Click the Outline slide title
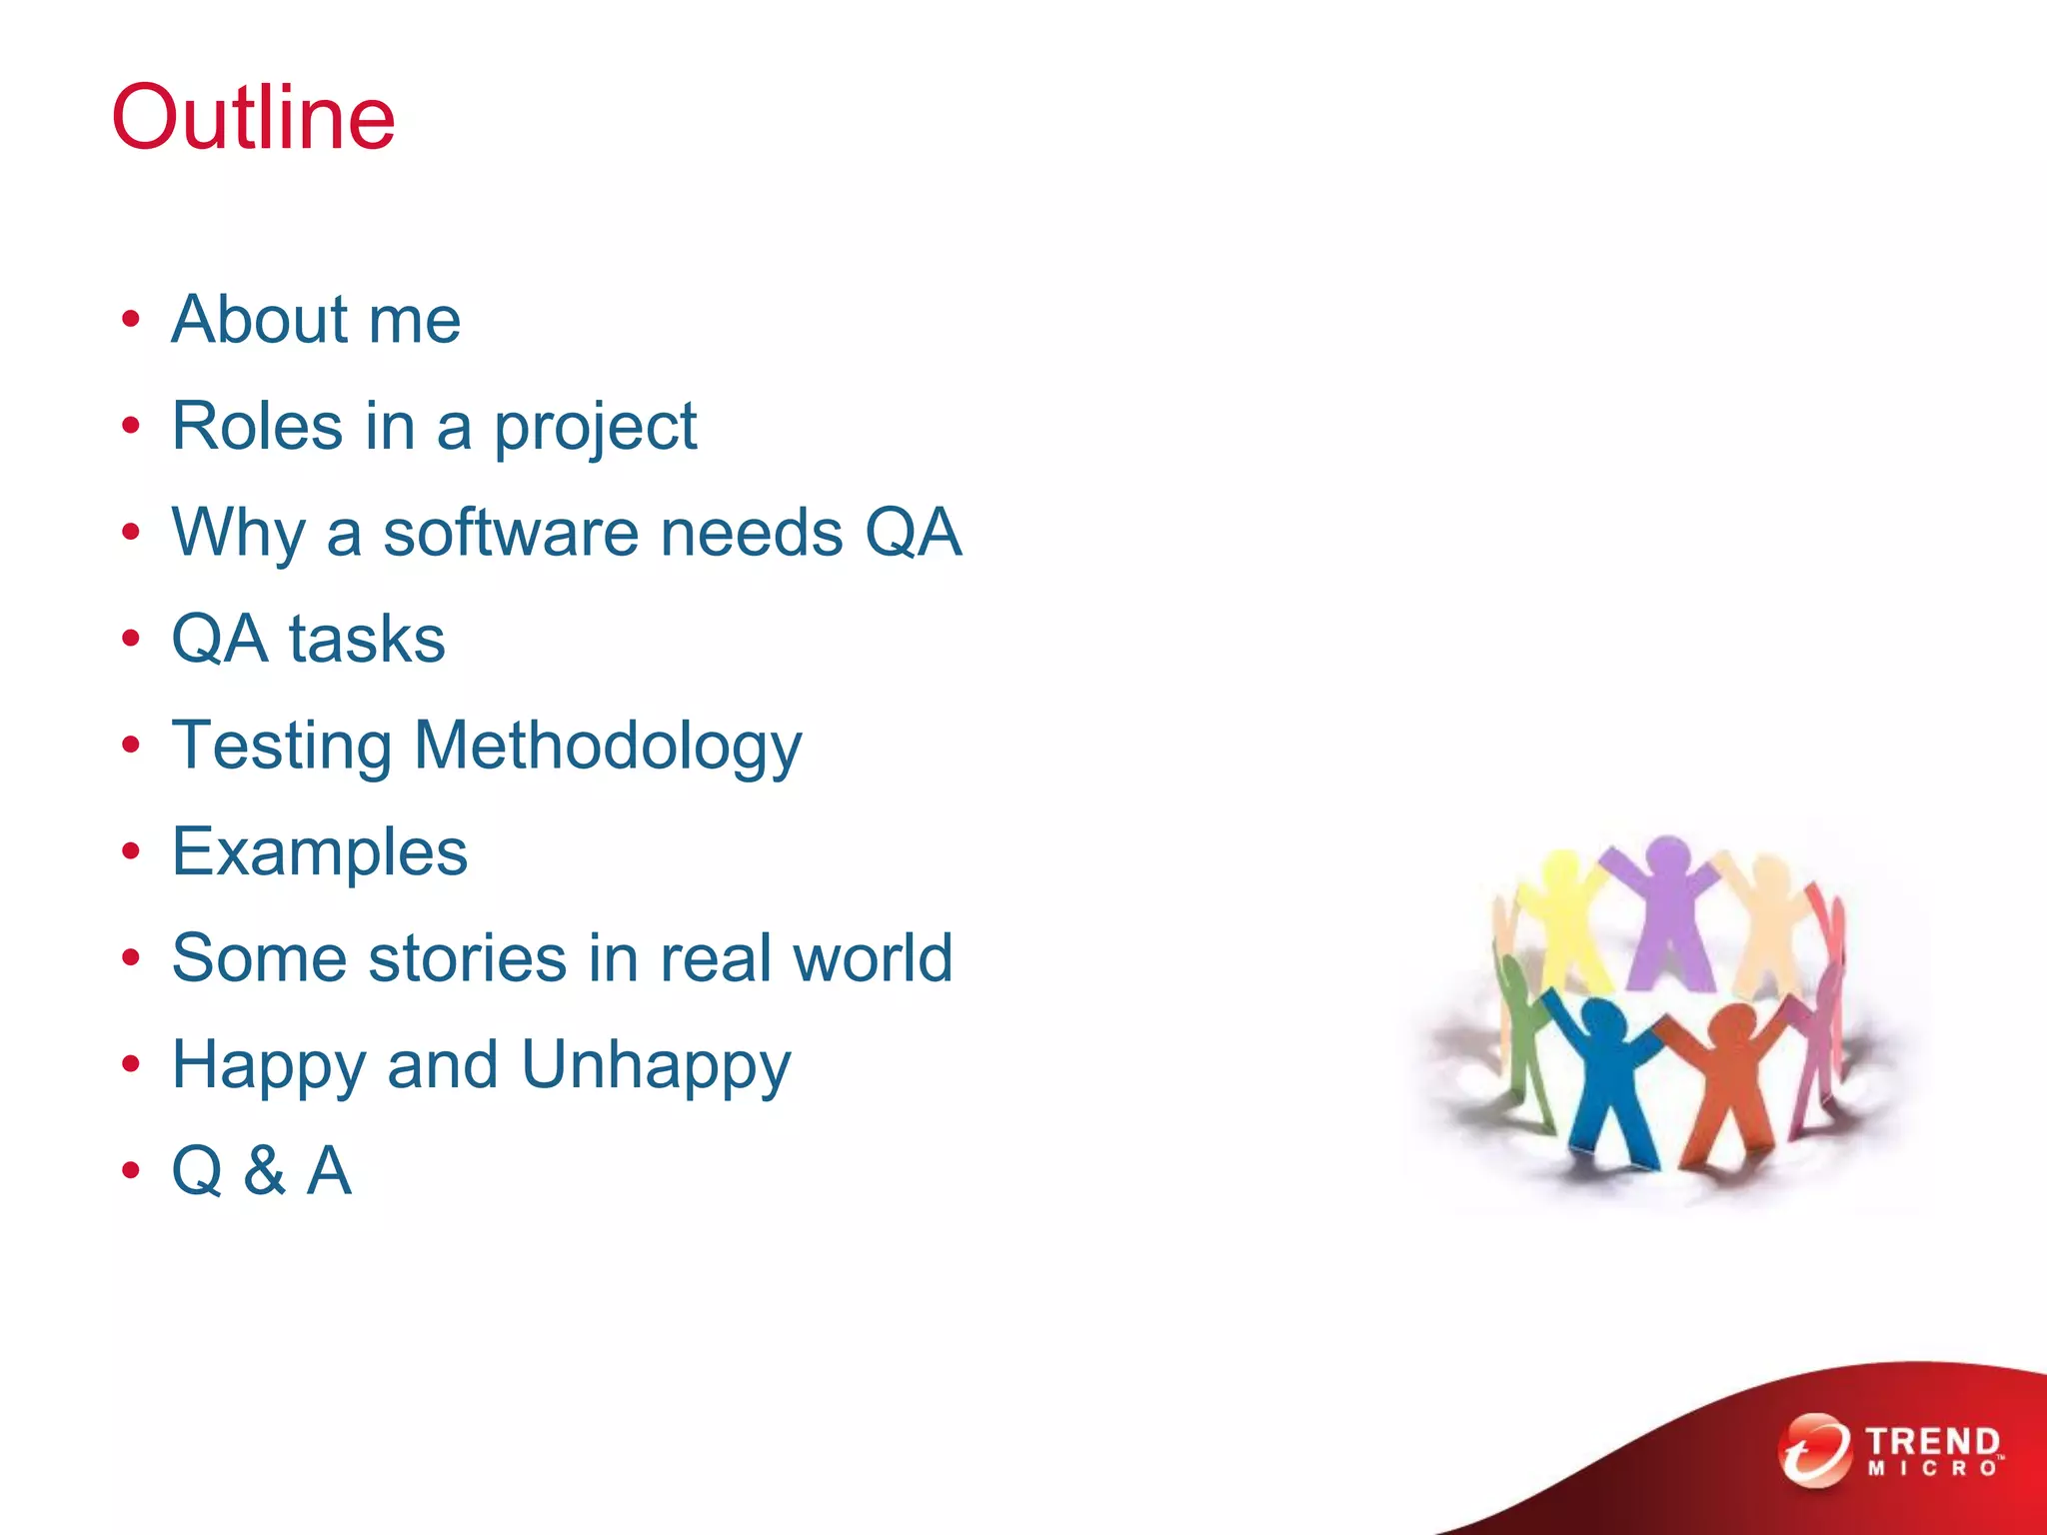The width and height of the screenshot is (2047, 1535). (254, 118)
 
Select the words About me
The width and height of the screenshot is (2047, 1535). (316, 320)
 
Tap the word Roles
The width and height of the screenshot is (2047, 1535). (257, 426)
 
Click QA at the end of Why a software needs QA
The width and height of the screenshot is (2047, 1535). (913, 533)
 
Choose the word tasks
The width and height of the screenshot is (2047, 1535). (367, 640)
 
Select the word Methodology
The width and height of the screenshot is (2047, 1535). (608, 748)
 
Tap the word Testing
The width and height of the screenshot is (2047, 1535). (282, 748)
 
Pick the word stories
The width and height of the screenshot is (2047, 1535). (469, 958)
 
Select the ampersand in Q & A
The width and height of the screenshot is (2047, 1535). (264, 1170)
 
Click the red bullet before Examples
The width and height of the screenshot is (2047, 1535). (131, 852)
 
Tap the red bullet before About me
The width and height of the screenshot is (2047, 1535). (131, 320)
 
